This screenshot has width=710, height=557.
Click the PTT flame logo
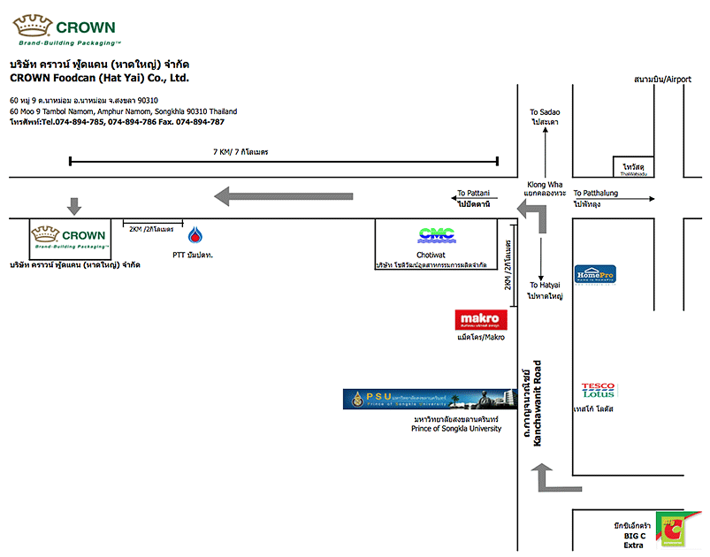tap(195, 236)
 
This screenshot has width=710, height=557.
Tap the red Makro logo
tap(481, 319)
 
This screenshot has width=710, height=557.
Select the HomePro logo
tap(594, 275)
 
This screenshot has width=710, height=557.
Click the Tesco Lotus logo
tap(598, 390)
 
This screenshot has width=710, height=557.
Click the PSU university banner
tap(430, 399)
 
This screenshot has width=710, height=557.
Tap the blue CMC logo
tap(435, 234)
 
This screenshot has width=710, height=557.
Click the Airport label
tap(662, 80)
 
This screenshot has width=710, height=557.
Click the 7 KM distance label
tap(240, 152)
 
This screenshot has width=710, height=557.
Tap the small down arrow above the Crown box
tap(74, 206)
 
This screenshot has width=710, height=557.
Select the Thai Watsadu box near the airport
tap(634, 167)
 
